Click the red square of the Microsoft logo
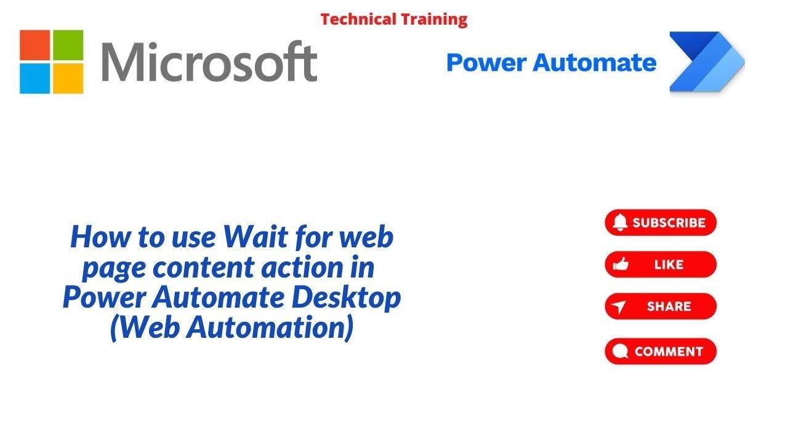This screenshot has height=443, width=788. coord(35,46)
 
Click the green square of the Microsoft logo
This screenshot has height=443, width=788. coord(68,46)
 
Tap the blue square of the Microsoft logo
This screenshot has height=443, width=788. coord(35,79)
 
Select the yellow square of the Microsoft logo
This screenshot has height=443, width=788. coord(68,79)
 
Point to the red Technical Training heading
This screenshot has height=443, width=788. coord(394,19)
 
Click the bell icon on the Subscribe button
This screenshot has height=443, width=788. coord(621,222)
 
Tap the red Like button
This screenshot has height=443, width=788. coord(661,265)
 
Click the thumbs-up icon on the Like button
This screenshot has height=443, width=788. coord(621,265)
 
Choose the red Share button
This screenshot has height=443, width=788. coord(661,306)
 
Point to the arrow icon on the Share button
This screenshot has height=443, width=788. coord(620,307)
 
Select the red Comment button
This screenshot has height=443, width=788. coord(661,351)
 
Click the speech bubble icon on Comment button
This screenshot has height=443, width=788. coord(621,352)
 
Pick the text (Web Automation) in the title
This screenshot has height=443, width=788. coord(231,328)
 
